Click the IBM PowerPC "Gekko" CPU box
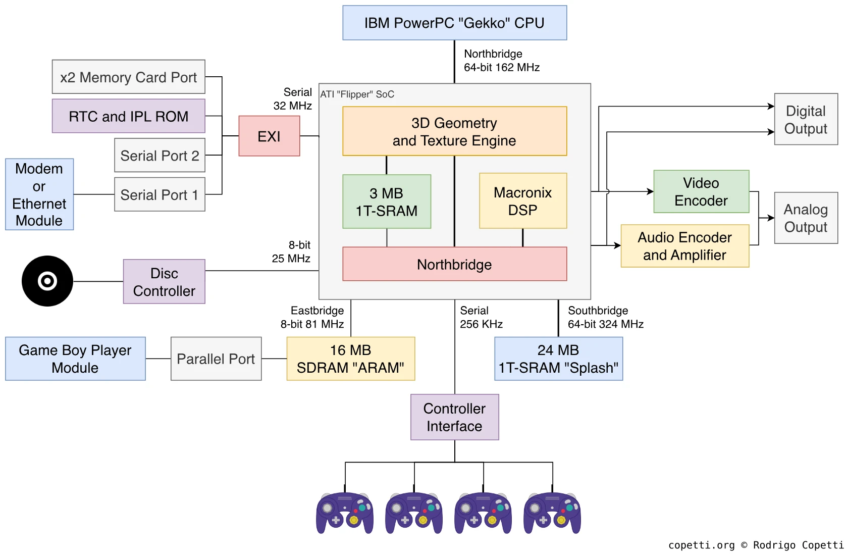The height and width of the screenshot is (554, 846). [x=454, y=23]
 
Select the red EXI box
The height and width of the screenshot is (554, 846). [x=269, y=136]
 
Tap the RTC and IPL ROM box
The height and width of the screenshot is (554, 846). [x=128, y=116]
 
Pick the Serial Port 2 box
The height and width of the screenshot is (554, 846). [x=160, y=156]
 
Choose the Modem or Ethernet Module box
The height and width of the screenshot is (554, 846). [x=39, y=194]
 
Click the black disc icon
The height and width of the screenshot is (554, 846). [x=47, y=281]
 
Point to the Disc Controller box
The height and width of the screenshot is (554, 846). [x=164, y=282]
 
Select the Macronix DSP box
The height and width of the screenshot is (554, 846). [x=522, y=201]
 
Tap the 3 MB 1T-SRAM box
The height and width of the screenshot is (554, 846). [x=386, y=202]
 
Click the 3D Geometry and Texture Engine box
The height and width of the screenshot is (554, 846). [x=454, y=131]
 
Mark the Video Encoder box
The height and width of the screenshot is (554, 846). [x=701, y=191]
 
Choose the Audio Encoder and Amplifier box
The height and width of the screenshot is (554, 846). [x=684, y=246]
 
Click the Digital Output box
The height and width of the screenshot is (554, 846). [x=806, y=119]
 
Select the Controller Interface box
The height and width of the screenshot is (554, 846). [x=454, y=417]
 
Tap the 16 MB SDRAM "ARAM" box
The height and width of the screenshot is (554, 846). [x=350, y=359]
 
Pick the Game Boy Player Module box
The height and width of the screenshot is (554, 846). [x=75, y=359]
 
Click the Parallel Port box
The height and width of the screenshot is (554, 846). [x=216, y=359]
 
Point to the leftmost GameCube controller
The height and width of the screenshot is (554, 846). [x=345, y=513]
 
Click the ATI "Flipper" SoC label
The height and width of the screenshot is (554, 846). [x=357, y=94]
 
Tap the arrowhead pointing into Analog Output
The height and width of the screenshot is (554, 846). [x=771, y=218]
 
